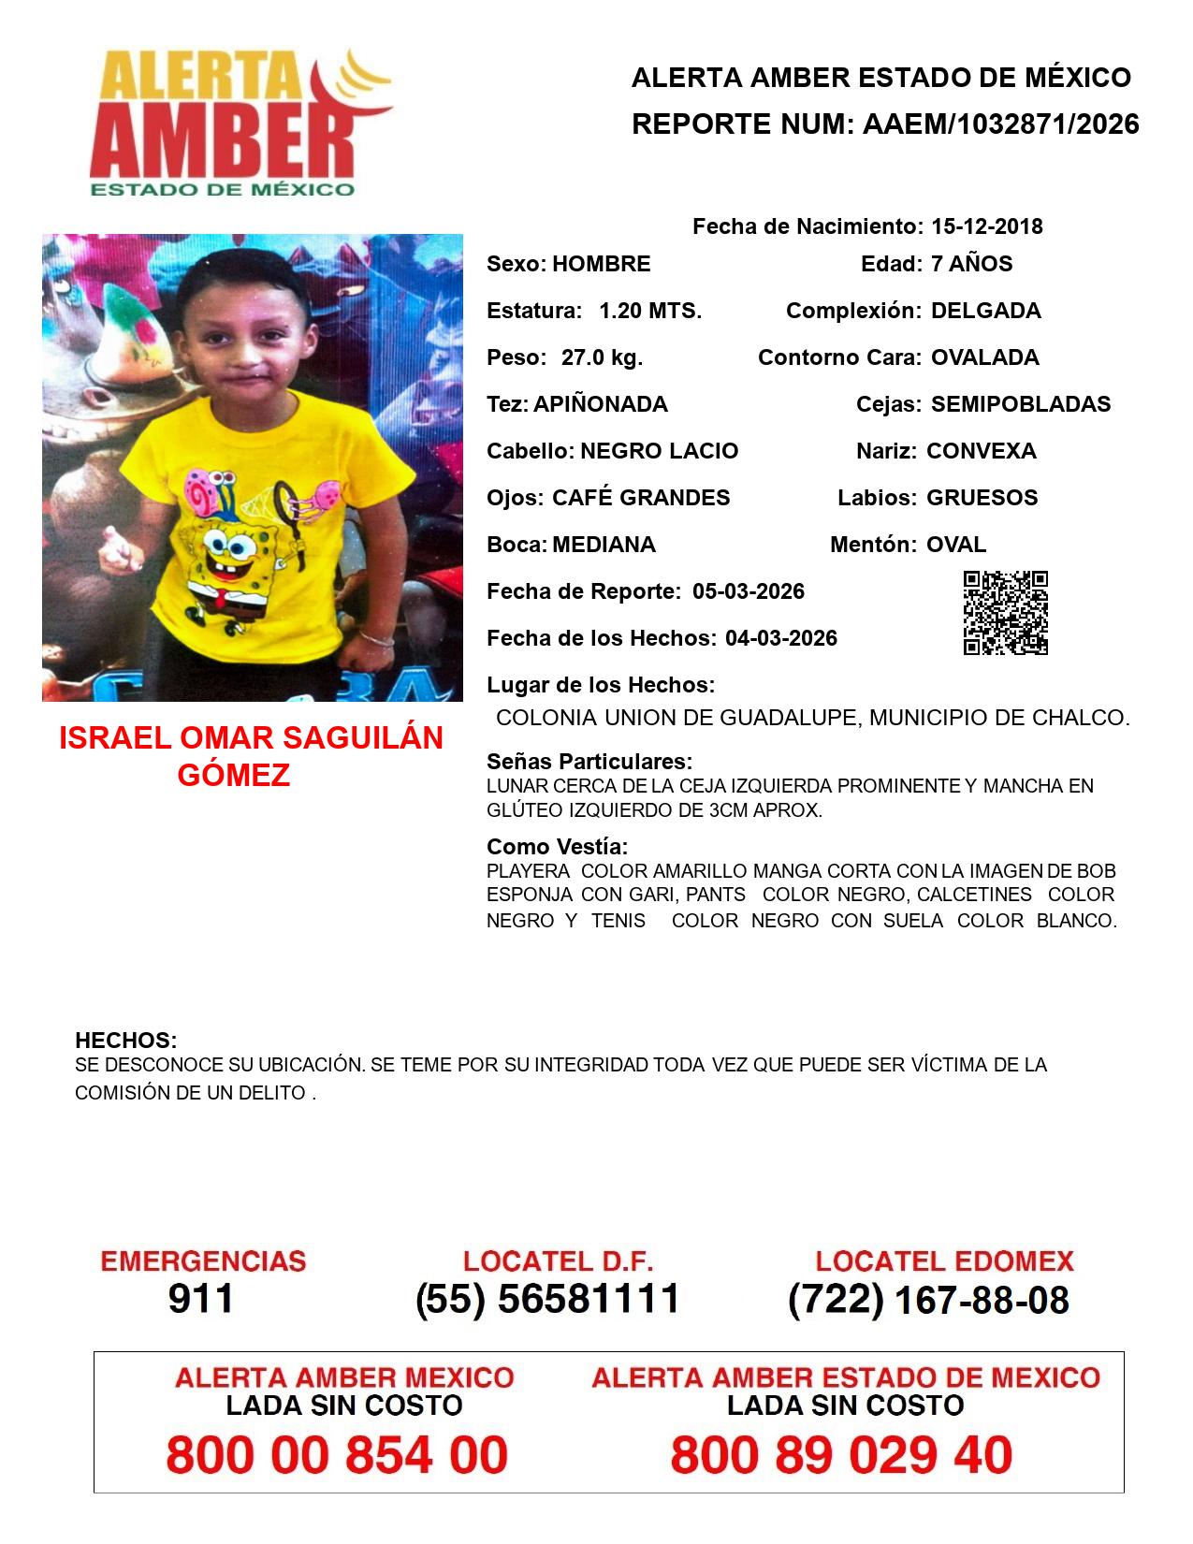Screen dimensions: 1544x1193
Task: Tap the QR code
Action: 1006,613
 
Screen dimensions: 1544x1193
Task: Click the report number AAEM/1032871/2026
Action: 1000,124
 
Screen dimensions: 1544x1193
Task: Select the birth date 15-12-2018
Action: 986,226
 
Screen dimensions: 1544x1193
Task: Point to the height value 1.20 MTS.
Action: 650,311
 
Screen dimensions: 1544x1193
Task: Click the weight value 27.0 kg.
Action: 602,357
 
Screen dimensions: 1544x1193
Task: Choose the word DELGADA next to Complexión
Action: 985,311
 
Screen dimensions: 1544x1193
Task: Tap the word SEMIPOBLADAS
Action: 1021,404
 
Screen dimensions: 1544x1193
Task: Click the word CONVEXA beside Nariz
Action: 981,451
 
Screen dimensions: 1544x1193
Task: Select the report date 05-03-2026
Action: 749,591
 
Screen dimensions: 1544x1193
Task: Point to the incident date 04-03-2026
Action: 781,638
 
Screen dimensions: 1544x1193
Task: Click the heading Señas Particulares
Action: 589,762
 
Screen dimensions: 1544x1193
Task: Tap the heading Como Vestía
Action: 558,847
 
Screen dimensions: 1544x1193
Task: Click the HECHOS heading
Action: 125,1041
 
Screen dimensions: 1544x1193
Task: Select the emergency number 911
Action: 201,1299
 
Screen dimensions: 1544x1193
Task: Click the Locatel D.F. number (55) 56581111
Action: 547,1299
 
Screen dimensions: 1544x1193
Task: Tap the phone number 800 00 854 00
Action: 337,1455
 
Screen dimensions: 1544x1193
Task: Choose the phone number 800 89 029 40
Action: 841,1455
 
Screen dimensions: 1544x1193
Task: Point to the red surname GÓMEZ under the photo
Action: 234,775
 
